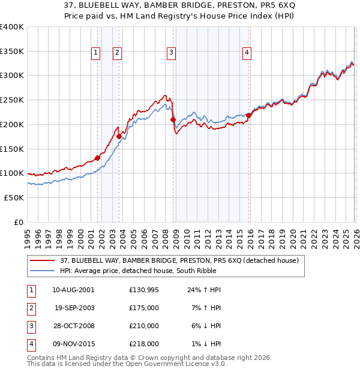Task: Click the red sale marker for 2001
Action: click(97, 158)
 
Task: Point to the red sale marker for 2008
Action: click(173, 120)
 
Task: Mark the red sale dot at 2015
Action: click(248, 116)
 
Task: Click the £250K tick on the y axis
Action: click(12, 100)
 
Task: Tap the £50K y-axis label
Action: click(14, 197)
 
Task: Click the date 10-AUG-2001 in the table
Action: click(73, 290)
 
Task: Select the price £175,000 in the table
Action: click(144, 307)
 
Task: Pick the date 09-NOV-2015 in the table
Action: click(73, 344)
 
